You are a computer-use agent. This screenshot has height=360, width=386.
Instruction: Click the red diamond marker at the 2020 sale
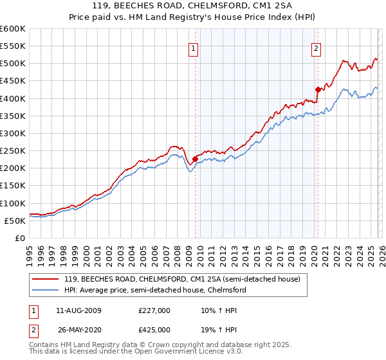317,89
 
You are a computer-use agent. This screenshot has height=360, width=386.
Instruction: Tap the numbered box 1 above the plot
194,48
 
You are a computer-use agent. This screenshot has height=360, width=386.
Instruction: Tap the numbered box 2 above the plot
317,48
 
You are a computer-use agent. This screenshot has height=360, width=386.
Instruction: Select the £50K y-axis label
15,221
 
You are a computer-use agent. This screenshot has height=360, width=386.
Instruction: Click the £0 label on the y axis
21,238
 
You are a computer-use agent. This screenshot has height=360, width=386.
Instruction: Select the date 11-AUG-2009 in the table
78,310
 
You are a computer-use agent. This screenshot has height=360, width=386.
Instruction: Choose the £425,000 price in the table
154,329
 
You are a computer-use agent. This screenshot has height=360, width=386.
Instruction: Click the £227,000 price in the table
154,310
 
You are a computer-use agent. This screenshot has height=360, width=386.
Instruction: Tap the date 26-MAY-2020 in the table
78,329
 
